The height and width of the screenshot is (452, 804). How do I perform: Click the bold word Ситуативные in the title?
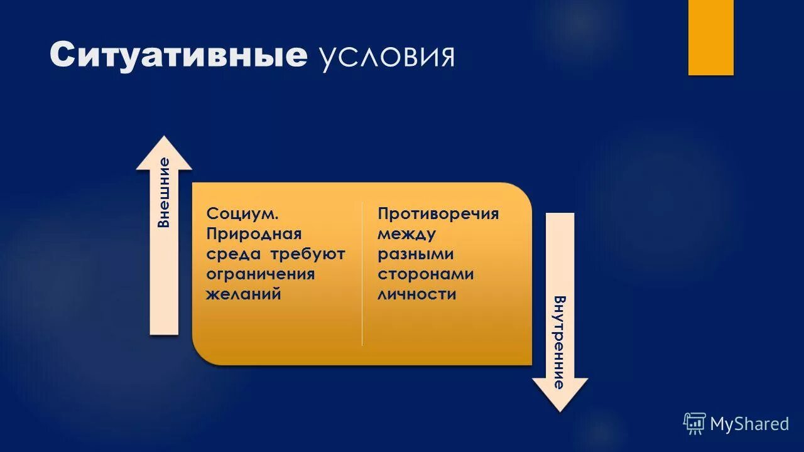[178, 56]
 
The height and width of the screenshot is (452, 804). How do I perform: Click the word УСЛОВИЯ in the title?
[387, 58]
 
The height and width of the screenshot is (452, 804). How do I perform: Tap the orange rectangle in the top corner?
[710, 37]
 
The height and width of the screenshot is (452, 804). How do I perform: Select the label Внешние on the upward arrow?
[164, 192]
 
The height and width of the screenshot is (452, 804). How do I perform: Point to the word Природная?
[254, 234]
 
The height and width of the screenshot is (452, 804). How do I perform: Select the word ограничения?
[260, 274]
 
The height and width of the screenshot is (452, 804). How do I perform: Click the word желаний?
[243, 294]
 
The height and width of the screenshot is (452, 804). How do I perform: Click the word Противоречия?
[438, 214]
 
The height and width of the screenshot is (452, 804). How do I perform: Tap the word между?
[406, 234]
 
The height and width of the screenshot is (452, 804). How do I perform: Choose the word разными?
[415, 254]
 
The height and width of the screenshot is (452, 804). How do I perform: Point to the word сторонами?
[425, 274]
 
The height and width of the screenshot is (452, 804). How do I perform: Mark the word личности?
[416, 294]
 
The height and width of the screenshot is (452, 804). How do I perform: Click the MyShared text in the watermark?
[749, 424]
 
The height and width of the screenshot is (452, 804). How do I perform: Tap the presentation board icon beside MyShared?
[695, 424]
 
